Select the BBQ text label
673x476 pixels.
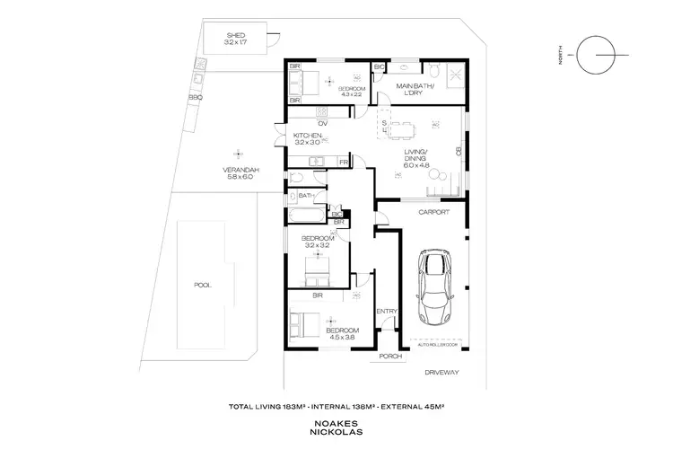click(195, 97)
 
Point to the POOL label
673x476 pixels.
click(202, 285)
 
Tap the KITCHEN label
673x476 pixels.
click(307, 136)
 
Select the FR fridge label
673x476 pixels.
click(343, 163)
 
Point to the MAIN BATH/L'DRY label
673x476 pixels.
click(415, 89)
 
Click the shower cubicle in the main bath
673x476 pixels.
click(456, 75)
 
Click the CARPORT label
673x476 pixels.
click(433, 213)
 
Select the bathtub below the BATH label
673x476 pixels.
click(306, 216)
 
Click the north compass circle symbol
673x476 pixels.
click(597, 57)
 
